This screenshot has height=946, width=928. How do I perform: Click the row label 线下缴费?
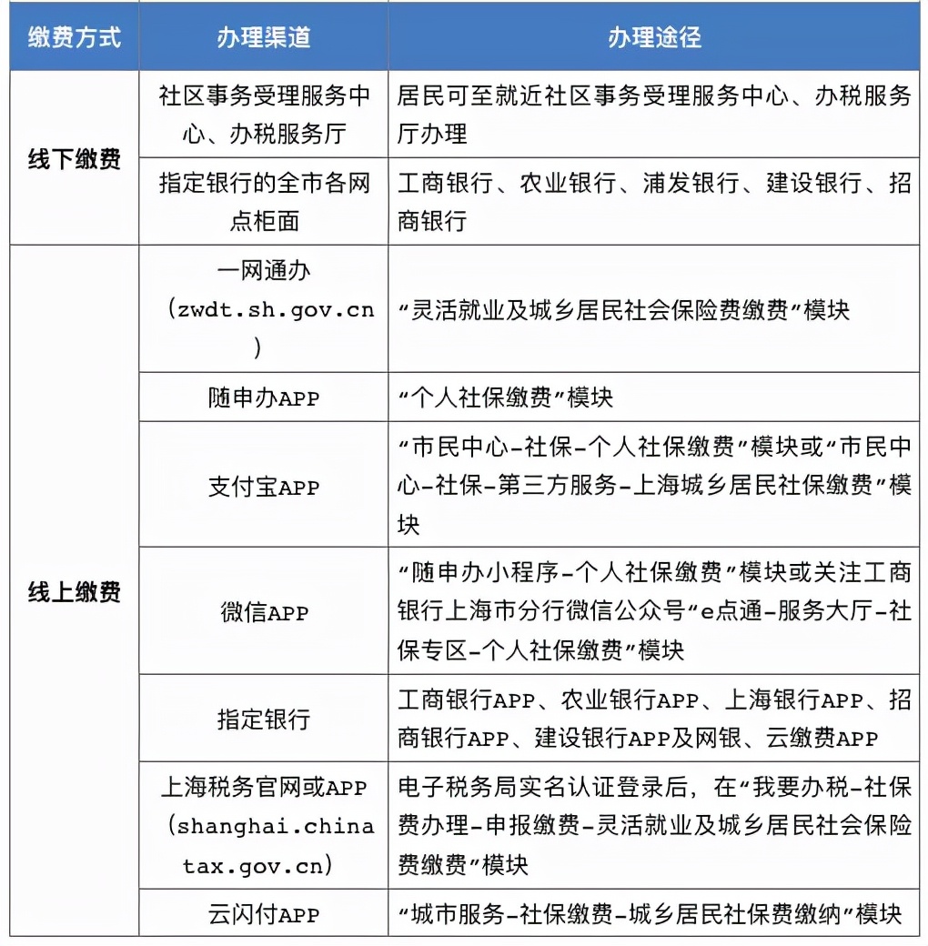(x=74, y=158)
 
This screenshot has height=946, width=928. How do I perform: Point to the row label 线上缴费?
(x=74, y=592)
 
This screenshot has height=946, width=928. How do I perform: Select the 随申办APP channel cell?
(x=263, y=398)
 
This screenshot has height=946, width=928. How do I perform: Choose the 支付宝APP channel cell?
(x=263, y=487)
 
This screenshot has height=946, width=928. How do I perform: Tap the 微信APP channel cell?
(x=263, y=612)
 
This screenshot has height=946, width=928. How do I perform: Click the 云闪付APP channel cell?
(x=263, y=913)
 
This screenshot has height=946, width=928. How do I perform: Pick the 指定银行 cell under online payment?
(x=263, y=720)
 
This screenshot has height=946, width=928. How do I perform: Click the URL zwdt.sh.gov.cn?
(x=270, y=309)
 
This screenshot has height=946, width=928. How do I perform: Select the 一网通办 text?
(x=264, y=271)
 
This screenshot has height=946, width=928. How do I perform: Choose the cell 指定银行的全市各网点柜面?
(x=263, y=201)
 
